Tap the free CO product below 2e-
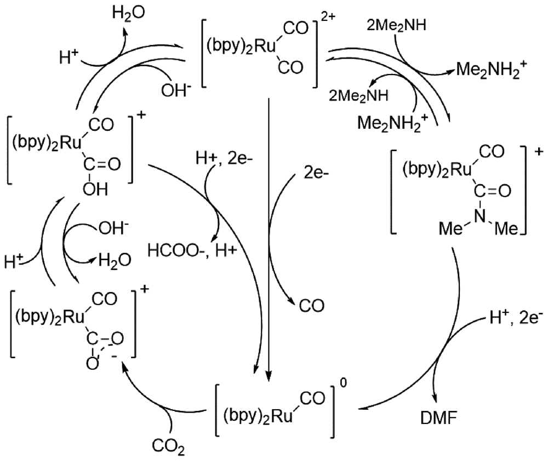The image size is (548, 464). pyautogui.click(x=312, y=305)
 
